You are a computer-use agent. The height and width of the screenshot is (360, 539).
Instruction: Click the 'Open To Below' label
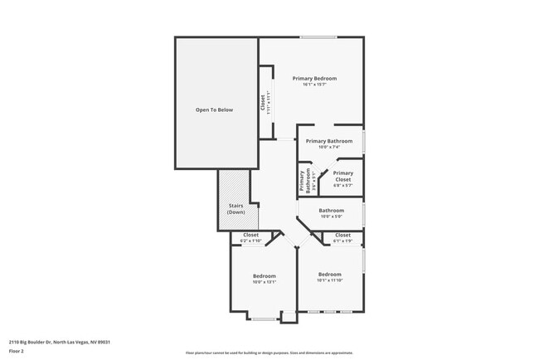[214, 109]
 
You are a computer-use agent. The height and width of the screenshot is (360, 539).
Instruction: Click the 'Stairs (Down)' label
[236, 209]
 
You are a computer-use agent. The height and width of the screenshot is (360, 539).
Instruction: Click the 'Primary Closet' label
[342, 176]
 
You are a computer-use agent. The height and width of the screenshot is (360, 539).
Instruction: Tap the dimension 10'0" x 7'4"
[328, 148]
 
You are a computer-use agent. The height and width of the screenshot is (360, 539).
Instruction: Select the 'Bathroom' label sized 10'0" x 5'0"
[331, 211]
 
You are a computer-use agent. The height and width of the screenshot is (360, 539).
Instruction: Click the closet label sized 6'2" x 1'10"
[250, 235]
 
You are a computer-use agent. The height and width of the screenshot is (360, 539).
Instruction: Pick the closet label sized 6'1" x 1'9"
[342, 235]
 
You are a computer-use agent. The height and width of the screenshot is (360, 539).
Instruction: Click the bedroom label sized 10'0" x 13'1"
[264, 275]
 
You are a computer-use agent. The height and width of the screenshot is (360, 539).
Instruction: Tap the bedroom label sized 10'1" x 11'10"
[329, 274]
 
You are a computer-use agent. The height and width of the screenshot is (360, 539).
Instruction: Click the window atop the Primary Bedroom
[318, 37]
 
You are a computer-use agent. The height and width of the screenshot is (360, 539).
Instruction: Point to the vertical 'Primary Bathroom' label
[305, 181]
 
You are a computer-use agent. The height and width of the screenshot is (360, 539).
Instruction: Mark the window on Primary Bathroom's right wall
[363, 139]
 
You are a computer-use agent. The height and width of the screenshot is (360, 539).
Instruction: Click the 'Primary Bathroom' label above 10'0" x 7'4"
[328, 141]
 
